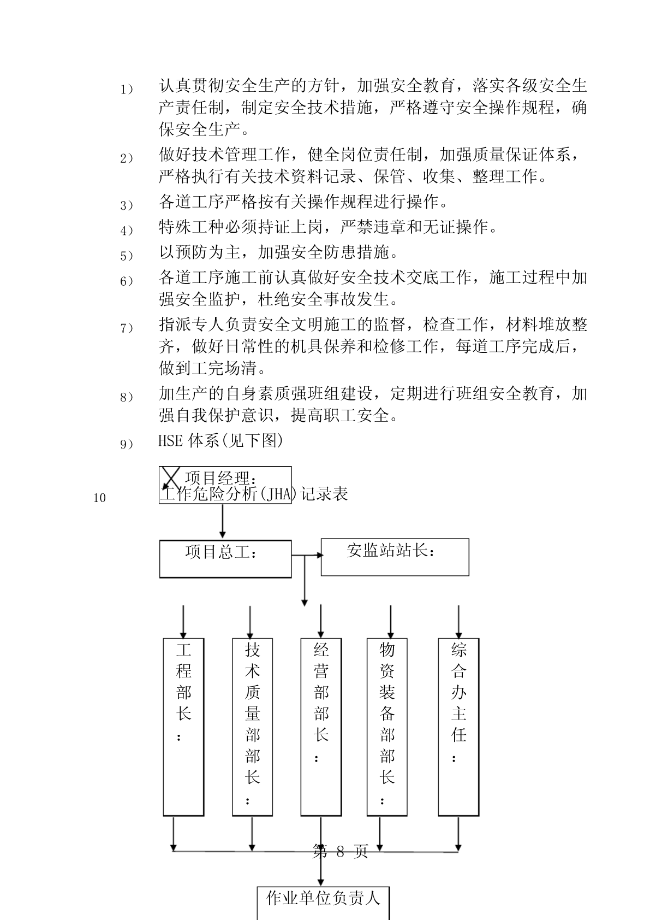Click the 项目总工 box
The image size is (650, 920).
tap(225, 559)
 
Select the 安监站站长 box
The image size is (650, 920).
tap(395, 557)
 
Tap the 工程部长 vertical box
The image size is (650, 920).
tap(183, 727)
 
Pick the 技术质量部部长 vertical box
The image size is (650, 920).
tap(252, 727)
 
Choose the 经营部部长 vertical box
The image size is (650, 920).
tap(321, 727)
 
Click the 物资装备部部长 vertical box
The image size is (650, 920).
tap(387, 727)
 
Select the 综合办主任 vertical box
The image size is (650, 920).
tap(458, 727)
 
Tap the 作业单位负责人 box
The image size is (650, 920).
tap(323, 901)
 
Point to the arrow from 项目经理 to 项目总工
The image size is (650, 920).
tap(222, 521)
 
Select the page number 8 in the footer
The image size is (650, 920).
tap(339, 852)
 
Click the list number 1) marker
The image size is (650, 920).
tap(127, 89)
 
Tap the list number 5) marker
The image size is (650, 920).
tap(127, 255)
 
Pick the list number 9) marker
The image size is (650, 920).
tap(127, 444)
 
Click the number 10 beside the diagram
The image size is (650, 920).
tap(100, 498)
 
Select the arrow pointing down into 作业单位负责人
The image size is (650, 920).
tap(321, 869)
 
